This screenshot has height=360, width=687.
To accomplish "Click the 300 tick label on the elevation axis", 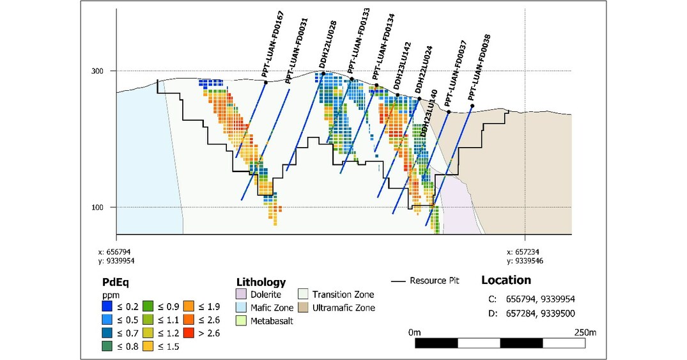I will point(97,71).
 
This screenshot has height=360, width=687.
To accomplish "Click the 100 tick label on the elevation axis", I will point(97,207).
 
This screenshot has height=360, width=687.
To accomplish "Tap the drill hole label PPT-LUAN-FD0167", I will point(273,44).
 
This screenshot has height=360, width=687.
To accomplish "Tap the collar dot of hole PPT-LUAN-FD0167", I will point(265,82).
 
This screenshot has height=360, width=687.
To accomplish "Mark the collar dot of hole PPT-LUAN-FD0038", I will point(472,106).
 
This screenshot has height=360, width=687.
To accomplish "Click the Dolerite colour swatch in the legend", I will point(241,295).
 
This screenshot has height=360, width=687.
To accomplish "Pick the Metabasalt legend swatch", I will point(241,320).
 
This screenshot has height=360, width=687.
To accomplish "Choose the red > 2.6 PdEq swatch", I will point(189,333).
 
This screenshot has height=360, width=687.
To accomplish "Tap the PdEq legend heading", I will point(116,281).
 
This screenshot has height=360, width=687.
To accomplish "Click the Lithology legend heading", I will point(261,282).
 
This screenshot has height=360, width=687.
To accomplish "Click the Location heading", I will point(506,280).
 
